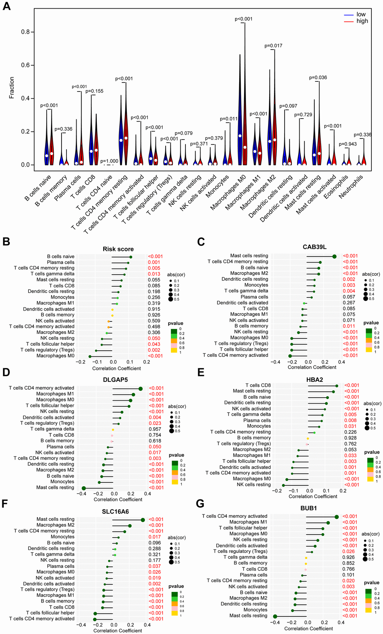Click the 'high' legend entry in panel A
pos(362,21)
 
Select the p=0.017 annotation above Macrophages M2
pos(273,46)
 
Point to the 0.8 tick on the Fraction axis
pos(25,32)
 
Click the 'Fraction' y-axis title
pos(12,88)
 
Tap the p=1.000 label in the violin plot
pos(109,161)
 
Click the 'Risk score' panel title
pos(118,249)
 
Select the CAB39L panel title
pos(315,247)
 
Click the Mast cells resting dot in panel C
pos(335,256)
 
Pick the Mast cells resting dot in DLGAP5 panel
pos(84,488)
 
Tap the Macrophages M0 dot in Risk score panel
pos(90,356)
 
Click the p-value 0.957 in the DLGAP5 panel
pos(155,429)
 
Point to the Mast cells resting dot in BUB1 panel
pos(275,616)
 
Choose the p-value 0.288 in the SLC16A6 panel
pos(155,548)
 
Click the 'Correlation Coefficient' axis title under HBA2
pos(313,496)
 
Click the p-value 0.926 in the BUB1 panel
pos(348,557)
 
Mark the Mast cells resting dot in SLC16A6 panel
pos(143,520)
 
